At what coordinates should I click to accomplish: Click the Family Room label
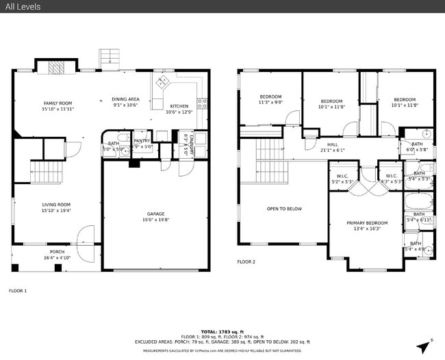(x=58, y=103)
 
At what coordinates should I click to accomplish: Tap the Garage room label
(x=155, y=214)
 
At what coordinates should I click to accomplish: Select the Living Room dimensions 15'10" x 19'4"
(x=58, y=210)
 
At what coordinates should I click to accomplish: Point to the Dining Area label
(x=126, y=99)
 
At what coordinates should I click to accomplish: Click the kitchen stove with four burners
(x=203, y=104)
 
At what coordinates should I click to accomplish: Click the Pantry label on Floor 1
(x=142, y=140)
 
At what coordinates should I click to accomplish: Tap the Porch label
(x=56, y=251)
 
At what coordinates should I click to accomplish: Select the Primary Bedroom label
(x=366, y=223)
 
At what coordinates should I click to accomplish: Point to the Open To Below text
(x=284, y=209)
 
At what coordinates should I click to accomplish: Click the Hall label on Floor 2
(x=332, y=144)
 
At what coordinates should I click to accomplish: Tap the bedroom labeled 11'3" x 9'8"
(x=270, y=99)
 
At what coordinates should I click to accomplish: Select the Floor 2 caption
(x=246, y=261)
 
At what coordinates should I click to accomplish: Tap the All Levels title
(x=24, y=7)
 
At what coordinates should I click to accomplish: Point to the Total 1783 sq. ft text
(x=222, y=331)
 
